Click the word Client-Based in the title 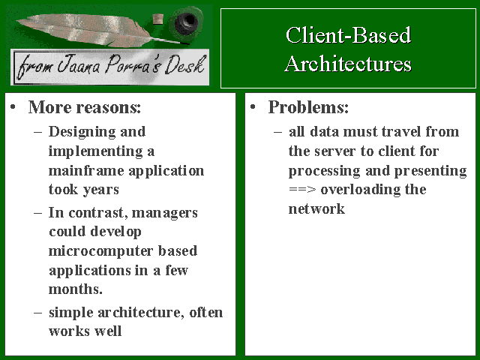click(x=348, y=35)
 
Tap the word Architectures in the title click(x=348, y=64)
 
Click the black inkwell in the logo click(x=186, y=22)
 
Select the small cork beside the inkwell click(x=158, y=19)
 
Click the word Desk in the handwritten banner click(x=184, y=65)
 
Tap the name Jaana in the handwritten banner click(x=79, y=64)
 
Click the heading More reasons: click(x=85, y=107)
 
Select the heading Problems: click(x=308, y=107)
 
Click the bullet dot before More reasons click(x=13, y=107)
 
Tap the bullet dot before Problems click(x=253, y=107)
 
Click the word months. click(x=76, y=289)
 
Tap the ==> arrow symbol click(x=301, y=190)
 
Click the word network click(x=316, y=209)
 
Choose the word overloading click(x=361, y=190)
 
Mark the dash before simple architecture click(x=38, y=313)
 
